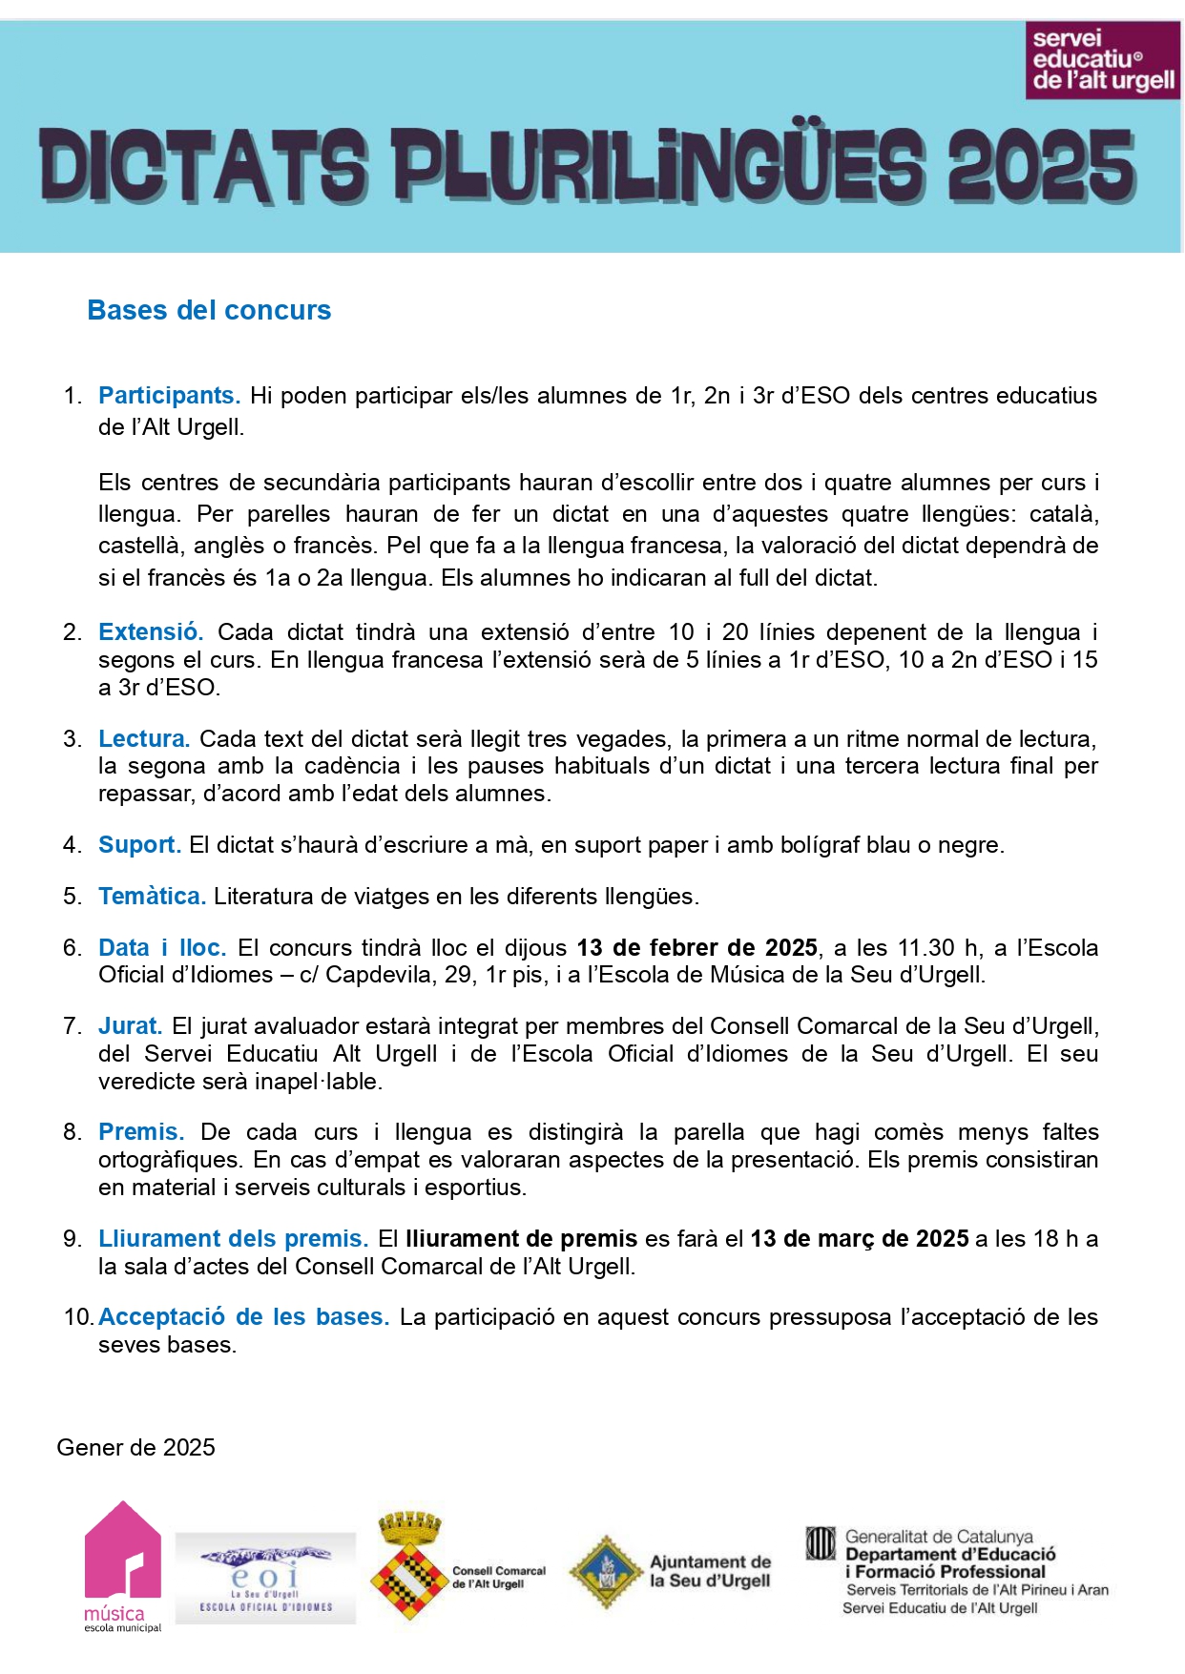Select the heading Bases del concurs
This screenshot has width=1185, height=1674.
coord(209,310)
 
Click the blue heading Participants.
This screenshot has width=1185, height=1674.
coord(169,395)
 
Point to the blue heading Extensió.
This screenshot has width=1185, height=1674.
coord(151,631)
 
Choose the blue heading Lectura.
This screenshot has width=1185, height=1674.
coord(144,738)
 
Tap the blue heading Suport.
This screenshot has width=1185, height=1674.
coord(139,844)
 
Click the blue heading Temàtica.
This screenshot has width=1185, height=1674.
coord(152,896)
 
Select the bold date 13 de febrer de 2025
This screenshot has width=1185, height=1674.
coord(696,947)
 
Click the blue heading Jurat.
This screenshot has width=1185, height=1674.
coord(130,1025)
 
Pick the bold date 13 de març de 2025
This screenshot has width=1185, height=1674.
coord(860,1238)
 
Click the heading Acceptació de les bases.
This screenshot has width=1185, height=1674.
coord(243,1316)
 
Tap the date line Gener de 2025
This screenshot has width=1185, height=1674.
coord(136,1447)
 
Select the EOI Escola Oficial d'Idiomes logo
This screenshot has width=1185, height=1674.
coord(265,1578)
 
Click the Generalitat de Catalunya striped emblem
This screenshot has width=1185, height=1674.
coord(821,1543)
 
